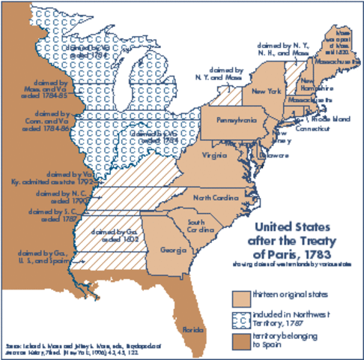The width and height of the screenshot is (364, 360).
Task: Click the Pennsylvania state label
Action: pos(237,120)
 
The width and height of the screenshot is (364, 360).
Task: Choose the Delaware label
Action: pos(273,155)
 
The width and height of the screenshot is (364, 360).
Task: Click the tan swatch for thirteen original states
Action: pos(240,296)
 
